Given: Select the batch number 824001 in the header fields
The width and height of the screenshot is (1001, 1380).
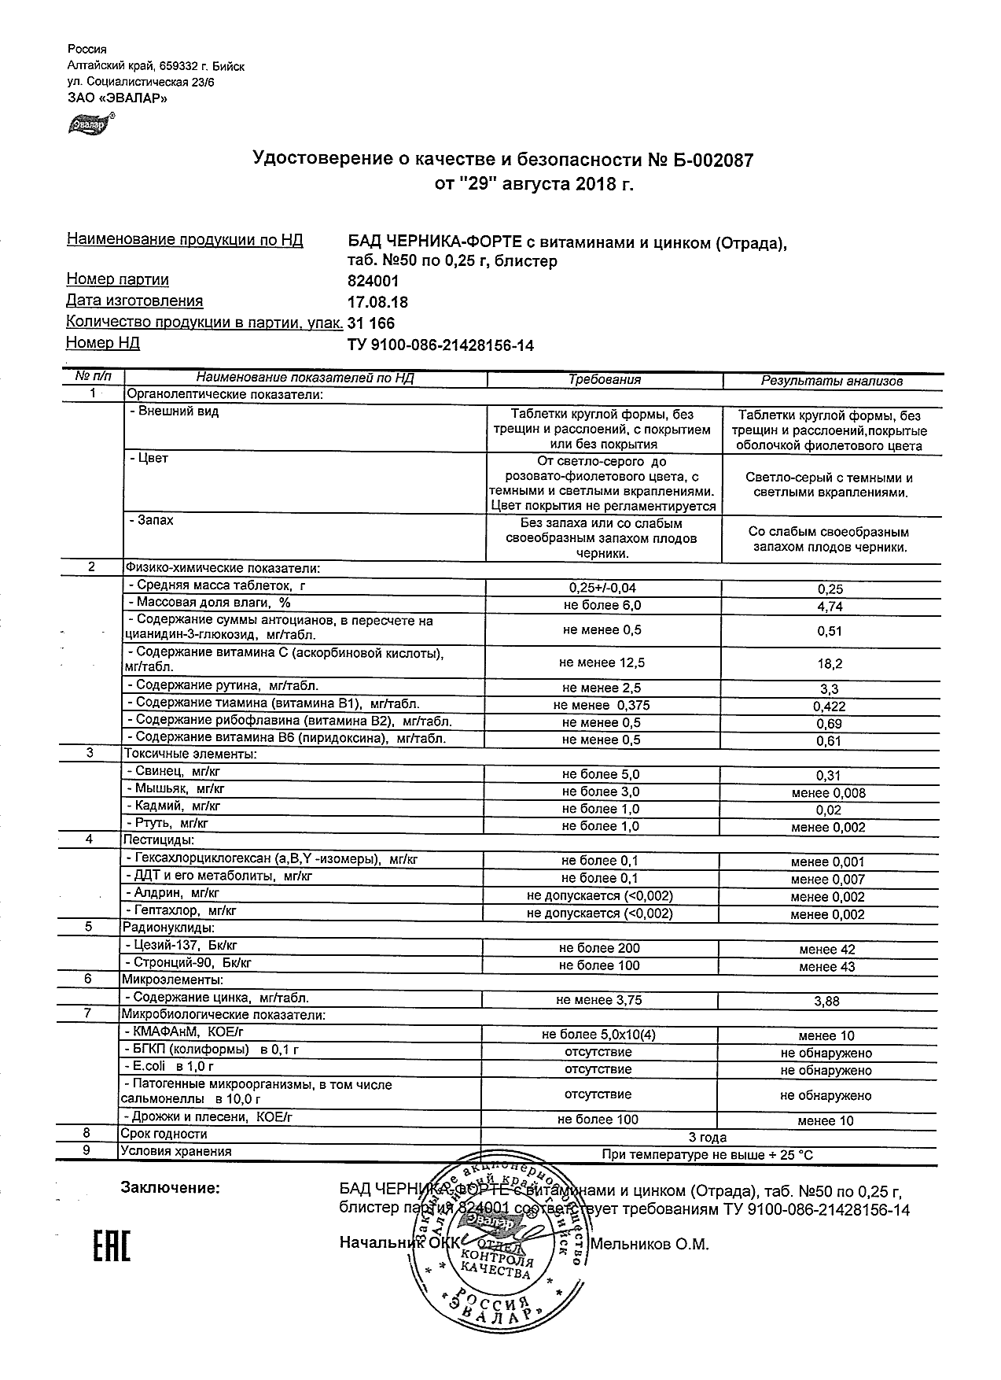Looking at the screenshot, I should click(373, 281).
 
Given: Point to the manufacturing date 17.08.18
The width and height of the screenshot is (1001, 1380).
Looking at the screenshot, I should click(377, 302).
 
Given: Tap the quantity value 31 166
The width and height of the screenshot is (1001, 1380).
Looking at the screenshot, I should click(371, 323).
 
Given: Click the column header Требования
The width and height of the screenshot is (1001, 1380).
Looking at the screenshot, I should click(604, 380).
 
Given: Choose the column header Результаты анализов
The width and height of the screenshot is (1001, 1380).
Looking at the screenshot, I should click(831, 381).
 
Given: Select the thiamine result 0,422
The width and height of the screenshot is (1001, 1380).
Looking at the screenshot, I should click(829, 707).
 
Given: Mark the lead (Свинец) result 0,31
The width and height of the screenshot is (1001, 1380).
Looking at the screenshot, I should click(829, 776).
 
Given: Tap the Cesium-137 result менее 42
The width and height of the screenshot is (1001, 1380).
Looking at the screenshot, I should click(827, 950).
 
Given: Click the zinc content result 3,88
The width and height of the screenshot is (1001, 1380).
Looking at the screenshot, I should click(827, 1002).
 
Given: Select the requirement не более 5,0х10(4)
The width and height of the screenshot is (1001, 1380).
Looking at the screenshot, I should click(598, 1035).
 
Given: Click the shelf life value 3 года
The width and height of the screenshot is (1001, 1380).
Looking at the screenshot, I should click(707, 1138).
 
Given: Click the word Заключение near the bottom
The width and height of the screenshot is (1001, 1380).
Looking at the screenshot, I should click(170, 1188).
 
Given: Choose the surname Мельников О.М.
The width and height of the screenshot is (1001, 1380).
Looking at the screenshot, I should click(650, 1244).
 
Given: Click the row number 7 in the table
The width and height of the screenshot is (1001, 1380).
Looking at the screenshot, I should click(87, 1013).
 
